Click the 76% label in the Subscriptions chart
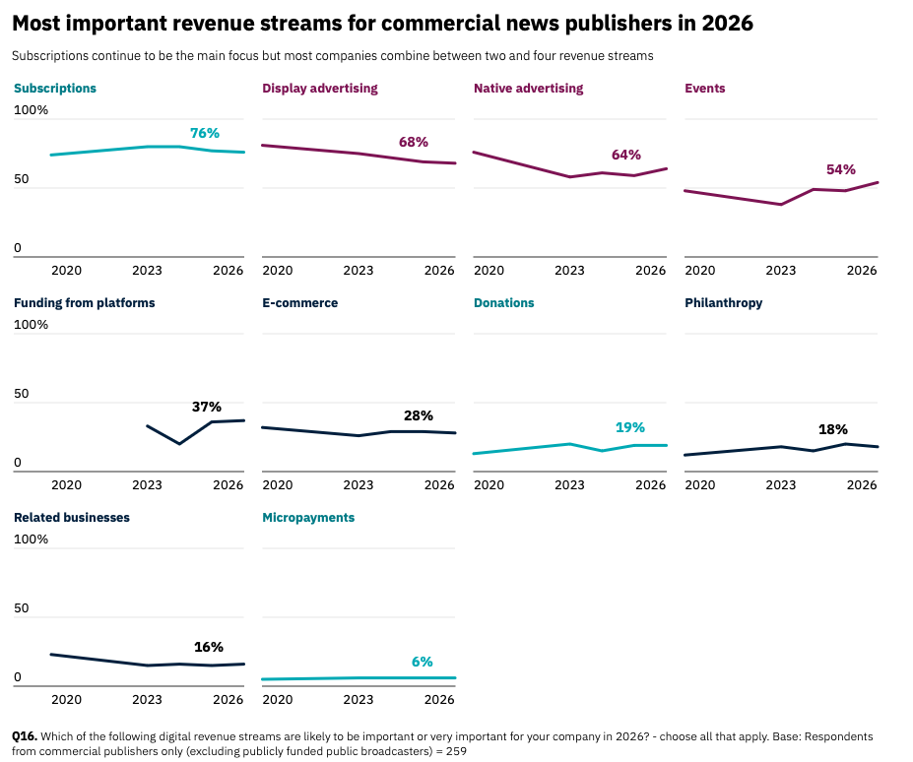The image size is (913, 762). click(205, 133)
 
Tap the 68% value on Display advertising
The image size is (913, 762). click(414, 142)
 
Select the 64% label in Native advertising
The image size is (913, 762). click(625, 155)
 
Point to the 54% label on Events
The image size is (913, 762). click(841, 169)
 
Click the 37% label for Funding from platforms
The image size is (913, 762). click(207, 407)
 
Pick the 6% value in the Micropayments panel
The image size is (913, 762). click(423, 662)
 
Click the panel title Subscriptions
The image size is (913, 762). click(55, 89)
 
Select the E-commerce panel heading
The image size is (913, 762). click(299, 303)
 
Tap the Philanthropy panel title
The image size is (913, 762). click(724, 303)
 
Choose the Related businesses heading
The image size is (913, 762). click(72, 518)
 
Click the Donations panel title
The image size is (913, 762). click(504, 303)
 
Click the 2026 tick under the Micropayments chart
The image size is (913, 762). click(439, 700)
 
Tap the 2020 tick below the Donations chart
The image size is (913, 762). click(489, 485)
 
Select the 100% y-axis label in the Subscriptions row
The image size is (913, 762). click(31, 110)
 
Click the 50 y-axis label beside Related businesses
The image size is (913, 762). click(22, 609)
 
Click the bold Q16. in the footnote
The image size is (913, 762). click(25, 736)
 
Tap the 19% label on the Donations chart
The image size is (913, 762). click(630, 427)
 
